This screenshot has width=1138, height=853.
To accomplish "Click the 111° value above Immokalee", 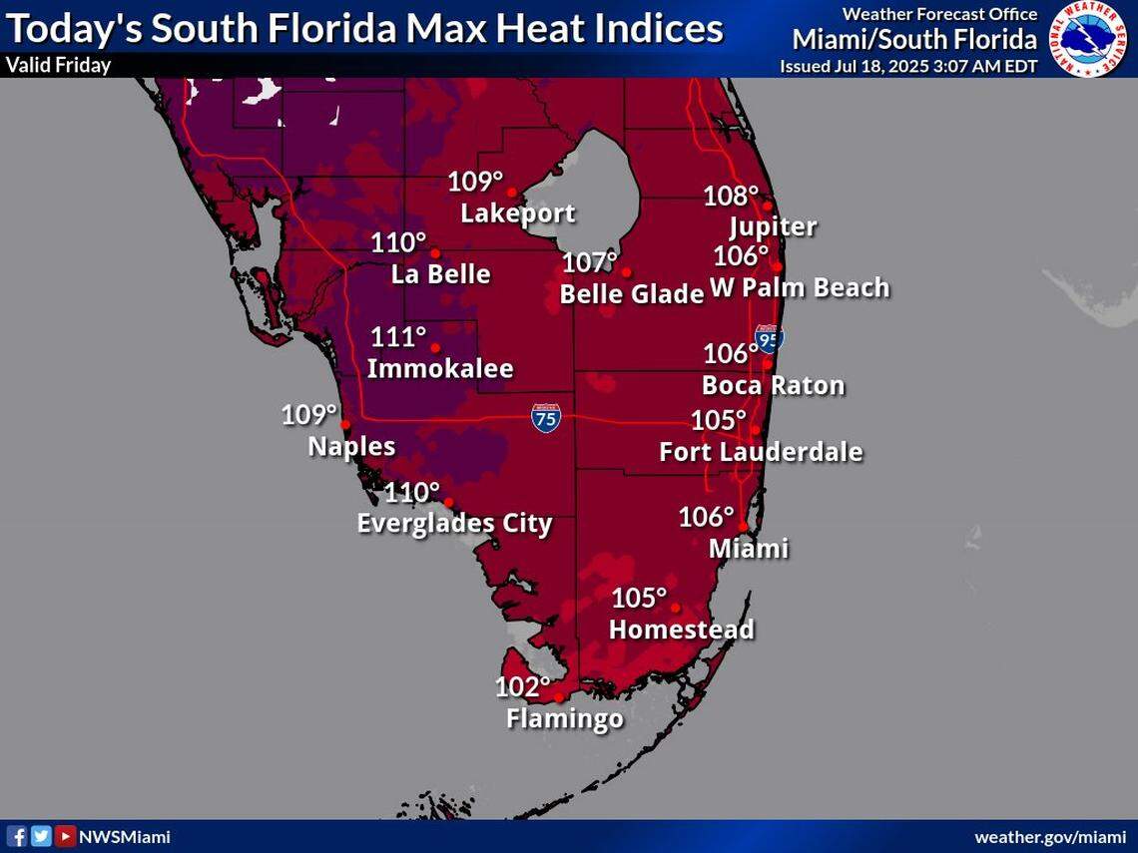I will click(398, 337).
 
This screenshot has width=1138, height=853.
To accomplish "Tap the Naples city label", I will click(351, 446).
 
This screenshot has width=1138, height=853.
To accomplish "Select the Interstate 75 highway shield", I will click(546, 417).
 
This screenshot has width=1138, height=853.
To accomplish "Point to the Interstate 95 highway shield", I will click(768, 338).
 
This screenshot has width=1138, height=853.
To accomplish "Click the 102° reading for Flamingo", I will click(522, 687).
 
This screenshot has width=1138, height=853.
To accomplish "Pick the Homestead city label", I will click(681, 630).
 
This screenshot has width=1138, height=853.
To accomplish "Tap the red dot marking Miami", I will click(743, 526).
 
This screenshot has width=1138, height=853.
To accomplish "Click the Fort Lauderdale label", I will click(761, 452).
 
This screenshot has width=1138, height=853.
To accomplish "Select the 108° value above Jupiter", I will click(731, 197).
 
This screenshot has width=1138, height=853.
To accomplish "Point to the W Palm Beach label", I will click(800, 288).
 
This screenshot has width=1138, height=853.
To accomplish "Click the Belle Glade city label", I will click(632, 294).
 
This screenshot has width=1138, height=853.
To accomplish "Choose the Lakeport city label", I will click(517, 213).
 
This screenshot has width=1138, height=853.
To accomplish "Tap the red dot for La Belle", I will click(435, 253).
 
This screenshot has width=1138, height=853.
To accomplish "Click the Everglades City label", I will click(454, 524).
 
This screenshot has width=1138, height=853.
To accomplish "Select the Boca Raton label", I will click(773, 385).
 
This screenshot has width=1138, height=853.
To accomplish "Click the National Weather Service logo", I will click(1088, 39).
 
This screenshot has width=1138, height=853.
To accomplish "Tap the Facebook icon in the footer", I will click(17, 836).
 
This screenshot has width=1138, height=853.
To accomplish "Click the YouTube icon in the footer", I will click(65, 836).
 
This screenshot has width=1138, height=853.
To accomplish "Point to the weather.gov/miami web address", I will click(1049, 837).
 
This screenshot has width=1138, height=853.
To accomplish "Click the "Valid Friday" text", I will click(58, 66).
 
